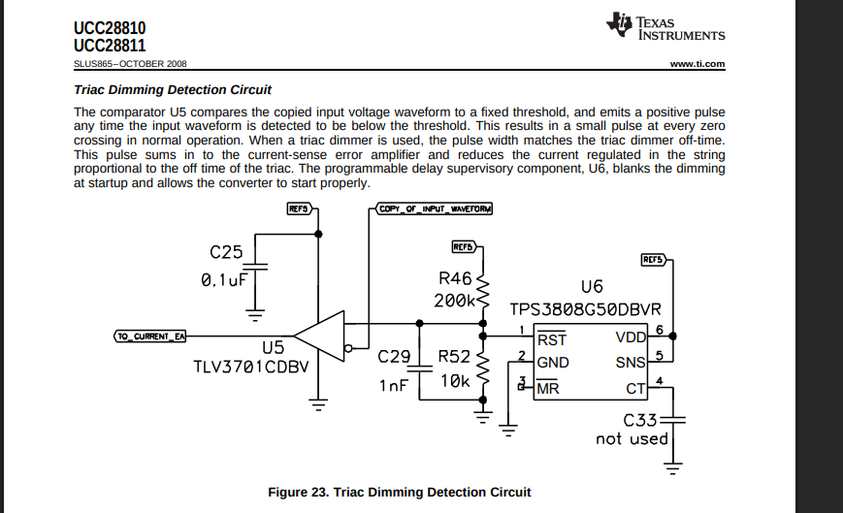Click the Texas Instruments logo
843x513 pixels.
click(665, 26)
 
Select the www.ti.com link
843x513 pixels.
click(697, 64)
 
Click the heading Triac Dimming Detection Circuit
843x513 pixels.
click(173, 90)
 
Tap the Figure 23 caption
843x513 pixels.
click(400, 492)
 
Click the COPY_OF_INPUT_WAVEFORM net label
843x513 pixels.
click(434, 208)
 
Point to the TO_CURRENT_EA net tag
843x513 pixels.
click(150, 337)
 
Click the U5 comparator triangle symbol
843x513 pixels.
click(319, 337)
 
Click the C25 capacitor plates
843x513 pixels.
click(255, 267)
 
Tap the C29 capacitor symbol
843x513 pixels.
click(419, 369)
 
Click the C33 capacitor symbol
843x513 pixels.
click(672, 420)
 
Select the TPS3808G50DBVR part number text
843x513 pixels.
click(585, 309)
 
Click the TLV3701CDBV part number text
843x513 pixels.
click(251, 367)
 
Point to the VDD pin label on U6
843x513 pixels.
click(631, 337)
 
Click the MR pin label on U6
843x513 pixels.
click(548, 387)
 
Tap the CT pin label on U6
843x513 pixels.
click(635, 388)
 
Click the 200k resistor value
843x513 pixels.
click(454, 301)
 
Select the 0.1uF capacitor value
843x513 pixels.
click(224, 280)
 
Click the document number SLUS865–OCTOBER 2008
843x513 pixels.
click(130, 64)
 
